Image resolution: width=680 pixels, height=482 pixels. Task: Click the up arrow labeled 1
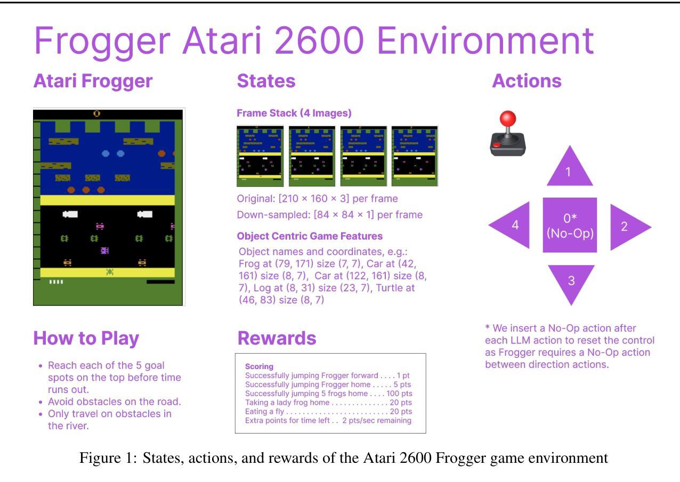click(570, 170)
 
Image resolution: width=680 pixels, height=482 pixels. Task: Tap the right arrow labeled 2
click(627, 227)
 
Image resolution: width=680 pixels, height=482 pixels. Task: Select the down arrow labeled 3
click(571, 281)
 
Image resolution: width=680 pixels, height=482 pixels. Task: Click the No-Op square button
click(570, 225)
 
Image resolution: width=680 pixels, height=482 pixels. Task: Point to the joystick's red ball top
click(507, 118)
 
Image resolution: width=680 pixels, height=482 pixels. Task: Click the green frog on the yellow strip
click(110, 272)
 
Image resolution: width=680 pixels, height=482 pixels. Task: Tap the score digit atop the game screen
click(96, 114)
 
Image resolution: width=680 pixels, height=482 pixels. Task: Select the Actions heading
click(527, 81)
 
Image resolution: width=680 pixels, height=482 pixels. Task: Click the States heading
click(266, 81)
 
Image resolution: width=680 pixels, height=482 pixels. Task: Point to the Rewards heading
click(277, 338)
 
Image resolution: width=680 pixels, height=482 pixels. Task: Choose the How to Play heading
click(86, 339)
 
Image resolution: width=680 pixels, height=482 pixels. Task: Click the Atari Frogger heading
click(93, 81)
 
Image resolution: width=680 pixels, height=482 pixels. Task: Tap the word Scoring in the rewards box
click(259, 366)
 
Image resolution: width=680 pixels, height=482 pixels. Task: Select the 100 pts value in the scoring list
click(399, 394)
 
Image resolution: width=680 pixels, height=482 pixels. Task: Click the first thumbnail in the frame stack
click(260, 156)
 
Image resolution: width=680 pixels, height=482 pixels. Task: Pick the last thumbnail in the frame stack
click(415, 156)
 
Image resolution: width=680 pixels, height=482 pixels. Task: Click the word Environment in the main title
click(485, 40)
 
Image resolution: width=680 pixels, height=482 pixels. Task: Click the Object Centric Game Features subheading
click(310, 236)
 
